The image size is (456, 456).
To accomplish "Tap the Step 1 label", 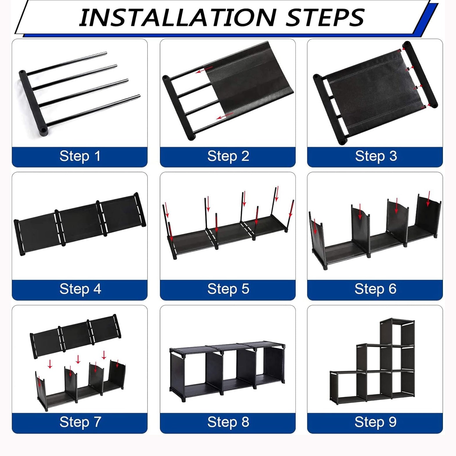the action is (80, 156).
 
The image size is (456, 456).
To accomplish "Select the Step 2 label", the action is (228, 156).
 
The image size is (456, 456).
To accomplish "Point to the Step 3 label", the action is (376, 156).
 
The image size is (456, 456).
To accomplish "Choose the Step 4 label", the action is (80, 289).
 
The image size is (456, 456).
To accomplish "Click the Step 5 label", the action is (228, 289).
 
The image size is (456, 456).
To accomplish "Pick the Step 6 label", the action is (375, 289).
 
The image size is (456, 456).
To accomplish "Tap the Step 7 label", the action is (80, 422).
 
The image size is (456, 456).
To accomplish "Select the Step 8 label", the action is (228, 422).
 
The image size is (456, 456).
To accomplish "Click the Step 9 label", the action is (375, 422).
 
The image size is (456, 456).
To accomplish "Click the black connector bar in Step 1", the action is (33, 103).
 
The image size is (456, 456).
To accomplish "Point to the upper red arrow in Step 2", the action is (204, 70).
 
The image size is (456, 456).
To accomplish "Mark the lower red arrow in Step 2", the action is (225, 116).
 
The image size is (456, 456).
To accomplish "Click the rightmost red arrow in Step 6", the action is (428, 198).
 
